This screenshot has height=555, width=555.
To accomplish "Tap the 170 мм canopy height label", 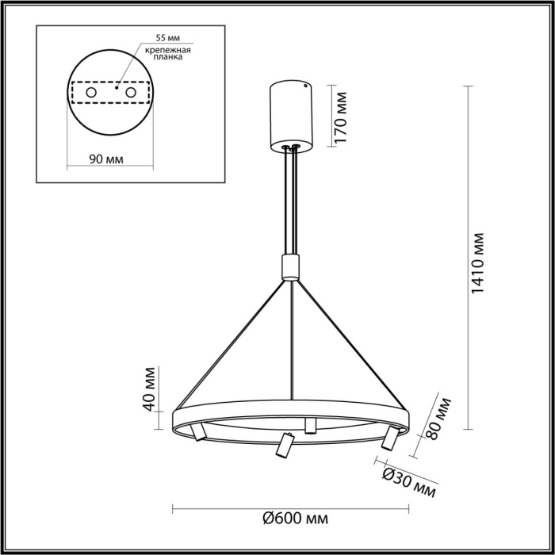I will pos(342,117).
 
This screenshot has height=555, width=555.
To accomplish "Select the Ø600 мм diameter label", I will pos(294,519).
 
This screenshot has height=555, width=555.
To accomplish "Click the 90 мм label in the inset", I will pos(105,159).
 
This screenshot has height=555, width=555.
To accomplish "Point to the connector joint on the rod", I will pos(292,266).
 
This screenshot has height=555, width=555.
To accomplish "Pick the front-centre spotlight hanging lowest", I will pos(282,446).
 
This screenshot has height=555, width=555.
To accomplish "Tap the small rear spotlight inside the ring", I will pos(310,427).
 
